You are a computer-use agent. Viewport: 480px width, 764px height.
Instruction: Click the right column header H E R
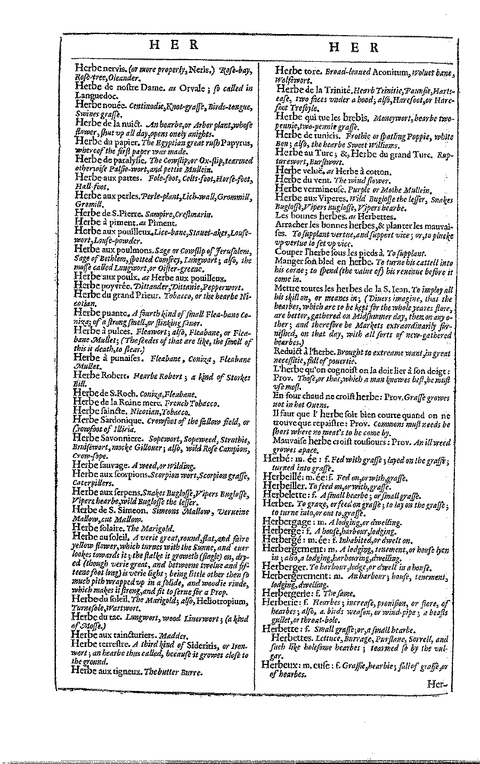(x=354, y=47)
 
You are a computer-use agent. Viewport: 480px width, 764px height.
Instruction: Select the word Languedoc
(x=93, y=96)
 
